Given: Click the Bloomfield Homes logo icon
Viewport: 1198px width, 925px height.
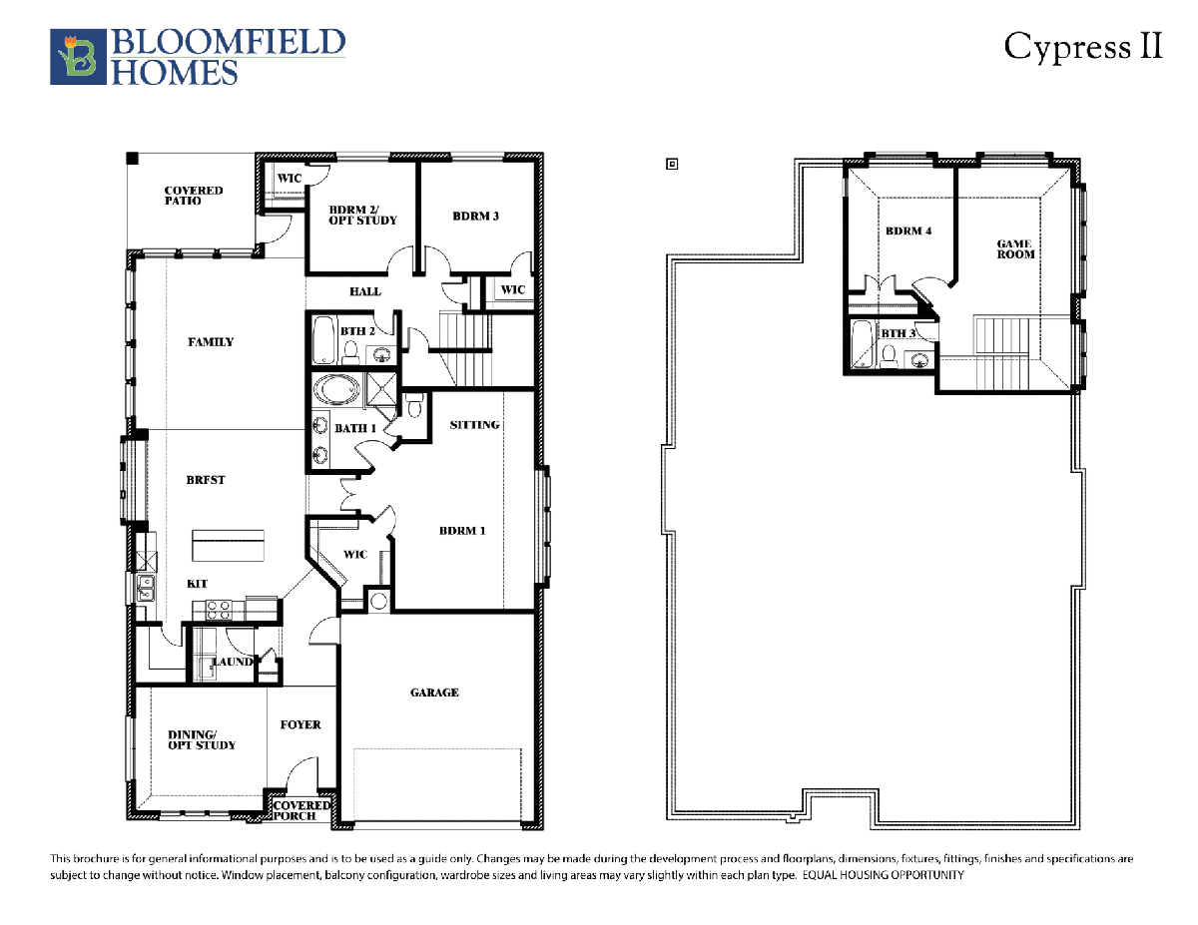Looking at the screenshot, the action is pyautogui.click(x=78, y=57).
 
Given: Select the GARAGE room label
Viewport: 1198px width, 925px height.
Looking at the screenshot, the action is pyautogui.click(x=434, y=693).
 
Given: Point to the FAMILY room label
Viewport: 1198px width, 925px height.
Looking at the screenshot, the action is pyautogui.click(x=211, y=342).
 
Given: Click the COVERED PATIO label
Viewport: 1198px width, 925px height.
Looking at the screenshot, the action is pyautogui.click(x=194, y=196).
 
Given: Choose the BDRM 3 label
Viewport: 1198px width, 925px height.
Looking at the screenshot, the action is pyautogui.click(x=476, y=216).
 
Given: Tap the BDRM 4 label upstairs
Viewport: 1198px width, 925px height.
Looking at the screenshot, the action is pyautogui.click(x=908, y=231).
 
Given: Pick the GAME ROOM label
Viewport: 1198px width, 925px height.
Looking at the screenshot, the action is pyautogui.click(x=1015, y=249).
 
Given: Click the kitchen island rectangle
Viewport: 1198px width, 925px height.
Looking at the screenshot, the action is pyautogui.click(x=228, y=545).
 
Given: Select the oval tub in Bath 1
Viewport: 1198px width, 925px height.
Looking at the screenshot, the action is pyautogui.click(x=336, y=389).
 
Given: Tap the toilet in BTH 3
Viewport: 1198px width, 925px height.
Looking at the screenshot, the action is pyautogui.click(x=888, y=356).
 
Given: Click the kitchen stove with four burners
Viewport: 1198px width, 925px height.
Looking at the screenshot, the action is pyautogui.click(x=218, y=611).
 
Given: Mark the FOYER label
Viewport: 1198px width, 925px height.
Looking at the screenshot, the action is pyautogui.click(x=300, y=724).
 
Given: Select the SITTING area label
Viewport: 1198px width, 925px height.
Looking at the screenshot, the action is pyautogui.click(x=474, y=425).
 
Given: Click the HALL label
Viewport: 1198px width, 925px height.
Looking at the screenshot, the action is pyautogui.click(x=365, y=291).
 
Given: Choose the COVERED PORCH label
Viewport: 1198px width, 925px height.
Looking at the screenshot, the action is pyautogui.click(x=301, y=810).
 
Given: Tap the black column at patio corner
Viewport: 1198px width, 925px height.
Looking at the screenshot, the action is pyautogui.click(x=133, y=159).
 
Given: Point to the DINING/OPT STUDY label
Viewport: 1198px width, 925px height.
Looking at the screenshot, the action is pyautogui.click(x=202, y=739).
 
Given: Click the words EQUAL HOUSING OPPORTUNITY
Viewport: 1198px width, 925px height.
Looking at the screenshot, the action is pyautogui.click(x=884, y=875).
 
